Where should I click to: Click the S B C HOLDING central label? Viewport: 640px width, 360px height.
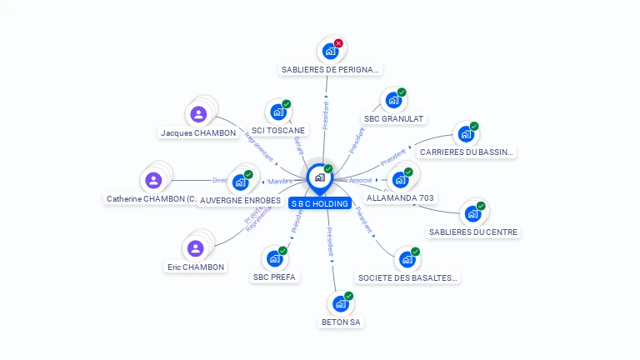pyautogui.click(x=319, y=203)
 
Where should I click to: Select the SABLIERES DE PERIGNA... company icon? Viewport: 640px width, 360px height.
pyautogui.click(x=330, y=52)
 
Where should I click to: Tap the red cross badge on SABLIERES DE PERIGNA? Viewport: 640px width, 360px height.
pyautogui.click(x=338, y=43)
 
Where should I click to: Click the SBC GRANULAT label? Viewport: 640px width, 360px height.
pyautogui.click(x=394, y=118)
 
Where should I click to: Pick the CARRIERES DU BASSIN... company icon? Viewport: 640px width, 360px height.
pyautogui.click(x=465, y=135)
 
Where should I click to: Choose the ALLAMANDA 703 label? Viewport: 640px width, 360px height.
pyautogui.click(x=401, y=198)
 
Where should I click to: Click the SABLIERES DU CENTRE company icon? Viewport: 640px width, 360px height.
pyautogui.click(x=472, y=213)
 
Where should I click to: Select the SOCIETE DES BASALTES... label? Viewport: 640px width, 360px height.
pyautogui.click(x=407, y=277)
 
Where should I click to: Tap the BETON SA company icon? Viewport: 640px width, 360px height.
pyautogui.click(x=340, y=304)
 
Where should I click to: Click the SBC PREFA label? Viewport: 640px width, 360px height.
pyautogui.click(x=274, y=277)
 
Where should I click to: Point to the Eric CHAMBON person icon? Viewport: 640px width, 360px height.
pyautogui.click(x=196, y=248)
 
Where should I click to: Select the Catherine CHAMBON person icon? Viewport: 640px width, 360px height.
pyautogui.click(x=153, y=180)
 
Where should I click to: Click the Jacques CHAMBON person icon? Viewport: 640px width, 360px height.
pyautogui.click(x=198, y=114)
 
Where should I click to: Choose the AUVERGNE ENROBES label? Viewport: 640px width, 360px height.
pyautogui.click(x=241, y=201)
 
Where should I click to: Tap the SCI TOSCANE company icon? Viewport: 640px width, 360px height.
pyautogui.click(x=277, y=112)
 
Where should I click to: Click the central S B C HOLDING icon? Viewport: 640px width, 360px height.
pyautogui.click(x=319, y=177)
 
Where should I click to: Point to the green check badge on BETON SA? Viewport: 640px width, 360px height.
pyautogui.click(x=348, y=296)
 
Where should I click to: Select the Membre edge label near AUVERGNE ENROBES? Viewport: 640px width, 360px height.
pyautogui.click(x=280, y=181)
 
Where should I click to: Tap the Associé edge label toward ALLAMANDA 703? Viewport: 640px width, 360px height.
pyautogui.click(x=361, y=180)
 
